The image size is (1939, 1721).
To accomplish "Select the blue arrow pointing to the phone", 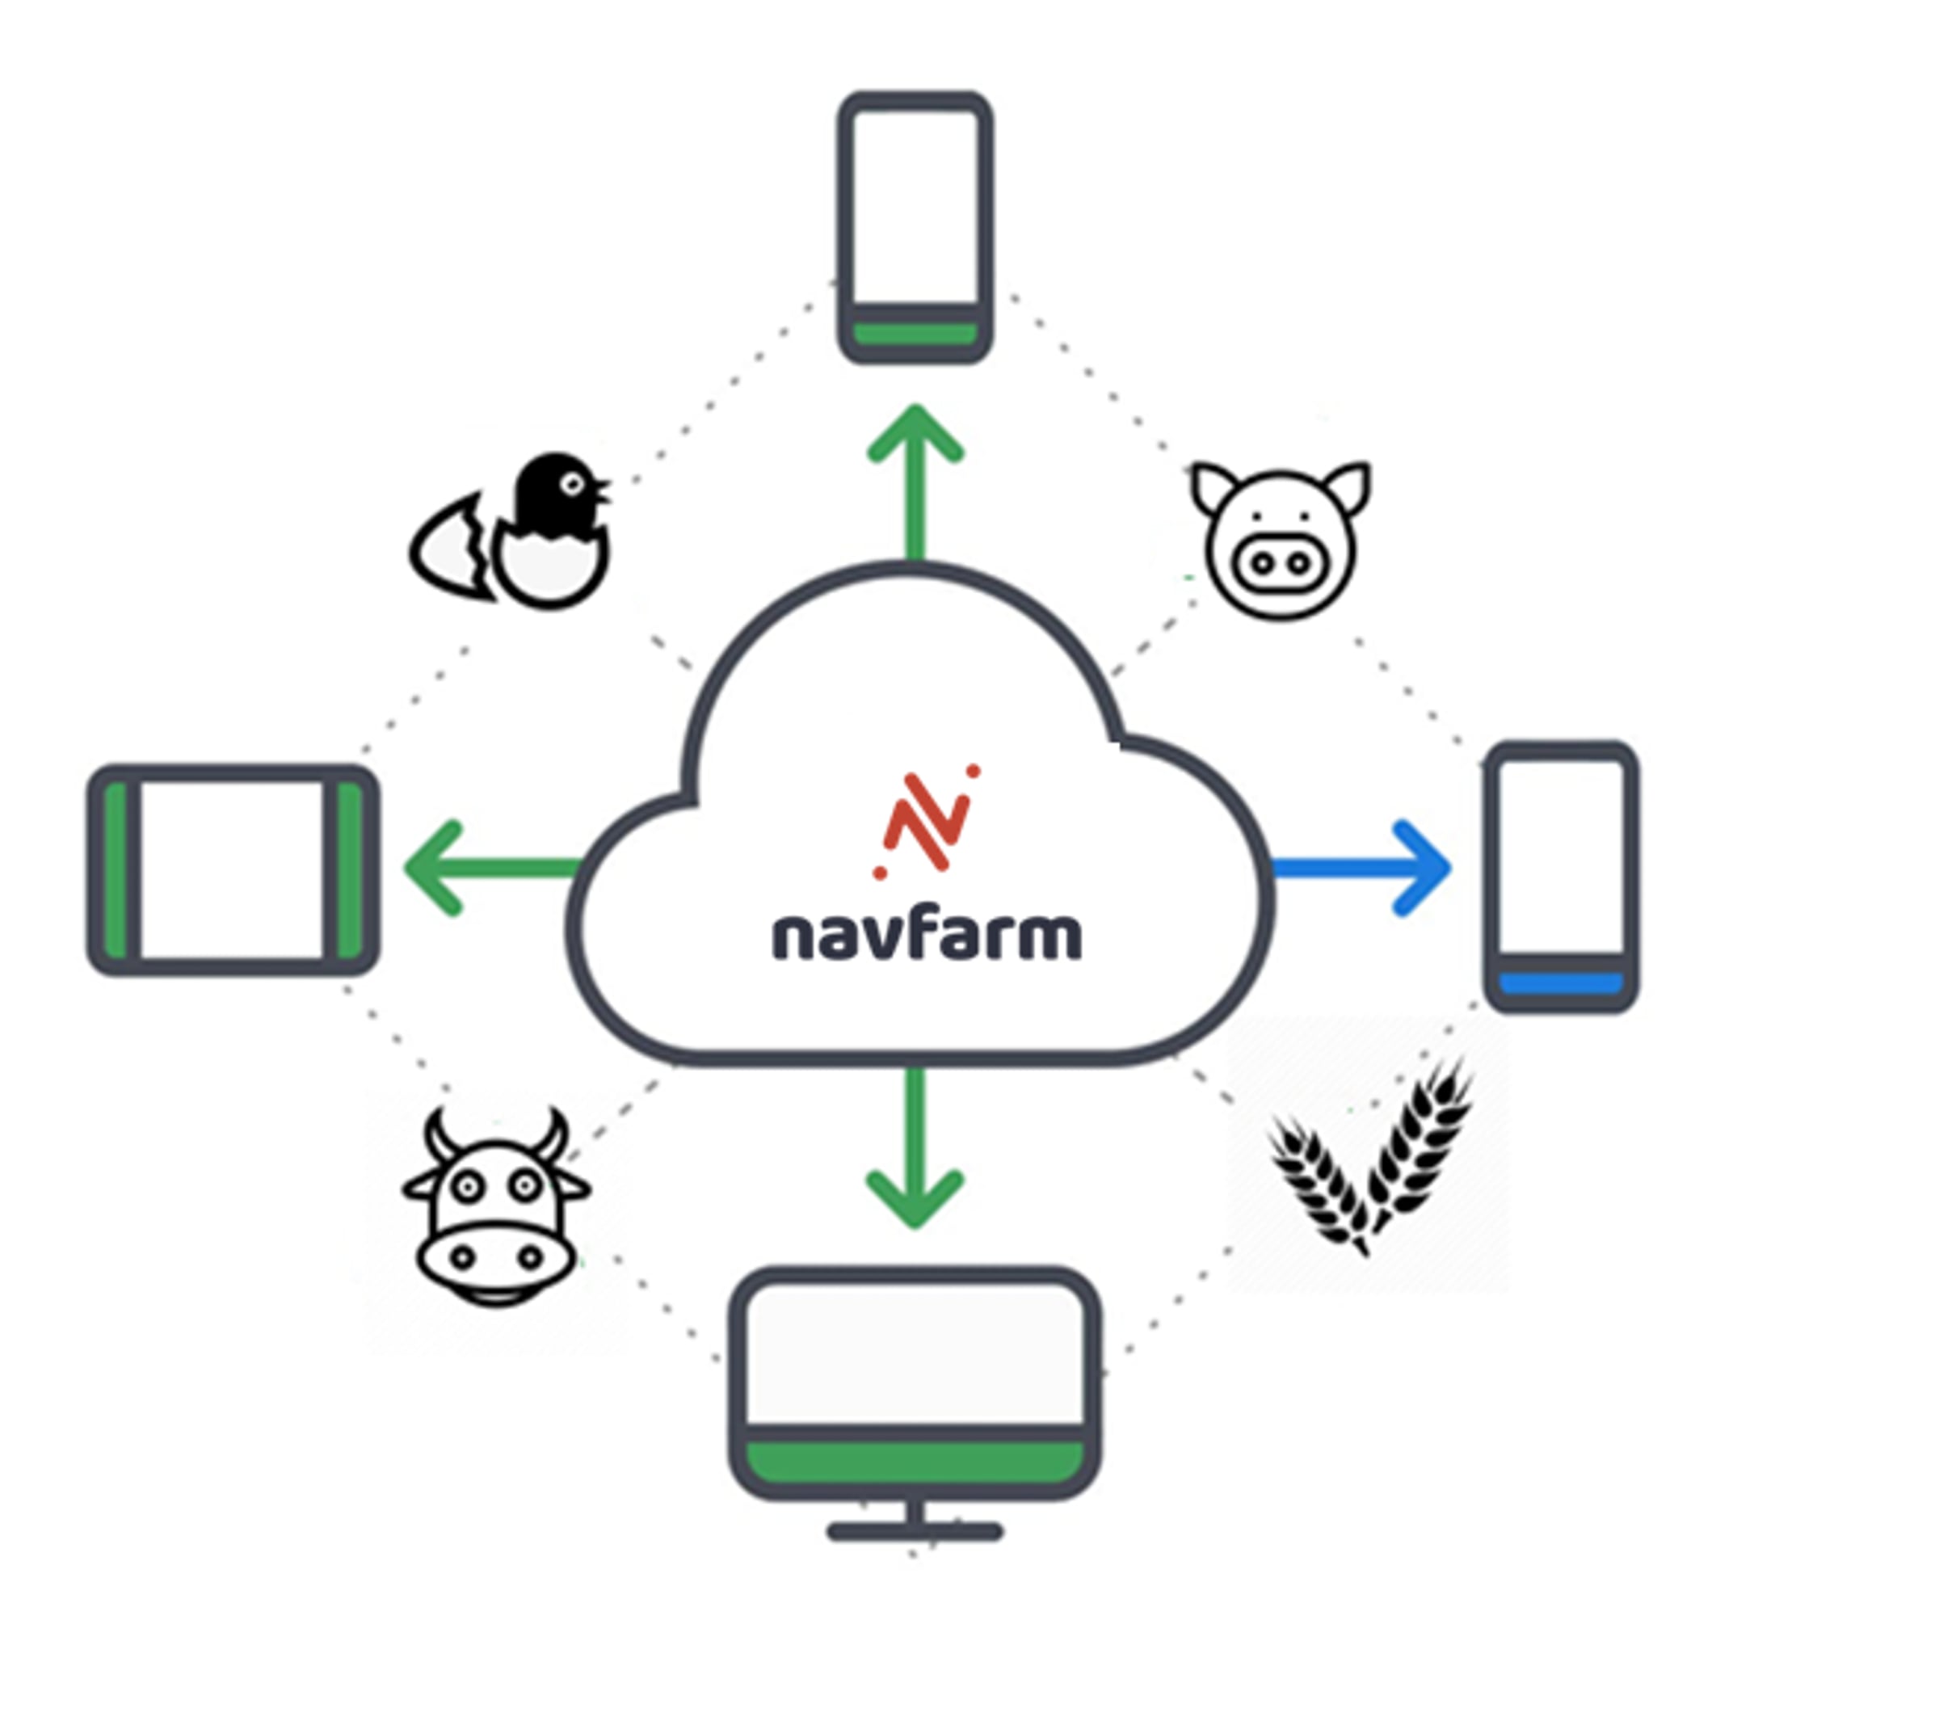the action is [1361, 867].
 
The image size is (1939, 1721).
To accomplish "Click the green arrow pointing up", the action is [915, 483].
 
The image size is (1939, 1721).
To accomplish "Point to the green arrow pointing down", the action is [915, 1148].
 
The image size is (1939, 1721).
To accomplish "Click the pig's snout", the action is [1281, 562].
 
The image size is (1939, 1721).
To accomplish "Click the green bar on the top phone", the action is [915, 334].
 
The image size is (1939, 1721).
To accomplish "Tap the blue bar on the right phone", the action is [1562, 983].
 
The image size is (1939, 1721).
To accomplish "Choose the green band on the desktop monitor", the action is [915, 1464].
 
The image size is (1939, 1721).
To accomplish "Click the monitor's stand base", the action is [915, 1531].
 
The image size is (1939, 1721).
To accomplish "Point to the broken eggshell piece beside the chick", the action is [452, 549].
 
